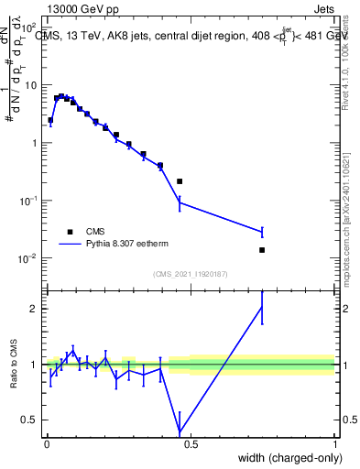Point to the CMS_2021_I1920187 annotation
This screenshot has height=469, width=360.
point(190,274)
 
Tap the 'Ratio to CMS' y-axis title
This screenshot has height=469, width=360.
point(14,365)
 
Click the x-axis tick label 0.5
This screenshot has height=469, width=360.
point(191,443)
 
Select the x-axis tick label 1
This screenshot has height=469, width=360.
point(334,443)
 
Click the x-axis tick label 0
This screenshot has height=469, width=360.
point(46,443)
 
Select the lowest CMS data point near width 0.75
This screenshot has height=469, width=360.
point(262,250)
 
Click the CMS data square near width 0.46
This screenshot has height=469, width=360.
point(180,181)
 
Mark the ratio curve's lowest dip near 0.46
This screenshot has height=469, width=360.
point(180,431)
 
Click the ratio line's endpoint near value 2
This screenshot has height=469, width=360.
point(262,308)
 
